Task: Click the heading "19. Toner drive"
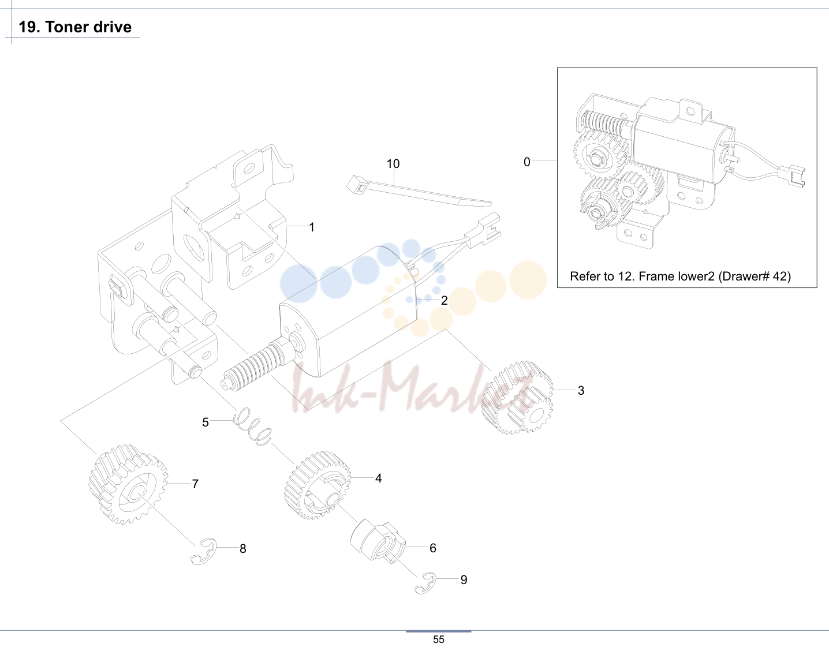coord(75,27)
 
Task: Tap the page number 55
coord(439,639)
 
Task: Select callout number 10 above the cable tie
coord(393,163)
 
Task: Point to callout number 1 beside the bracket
coord(312,227)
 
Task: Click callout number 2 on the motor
coord(444,301)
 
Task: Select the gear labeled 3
coord(517,398)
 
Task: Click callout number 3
coord(581,391)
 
